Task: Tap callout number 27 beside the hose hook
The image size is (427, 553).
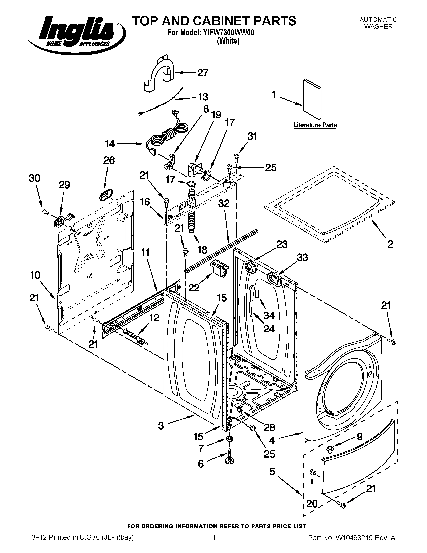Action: [x=203, y=73]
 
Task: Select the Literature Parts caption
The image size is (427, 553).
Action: [x=315, y=125]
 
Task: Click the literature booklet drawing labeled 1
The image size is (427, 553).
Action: [x=312, y=100]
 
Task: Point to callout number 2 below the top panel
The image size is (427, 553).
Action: [x=390, y=244]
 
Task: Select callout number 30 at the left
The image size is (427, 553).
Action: [x=34, y=178]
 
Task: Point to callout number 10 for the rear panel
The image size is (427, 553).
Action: [x=35, y=275]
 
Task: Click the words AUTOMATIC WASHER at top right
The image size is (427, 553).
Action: [x=379, y=23]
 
